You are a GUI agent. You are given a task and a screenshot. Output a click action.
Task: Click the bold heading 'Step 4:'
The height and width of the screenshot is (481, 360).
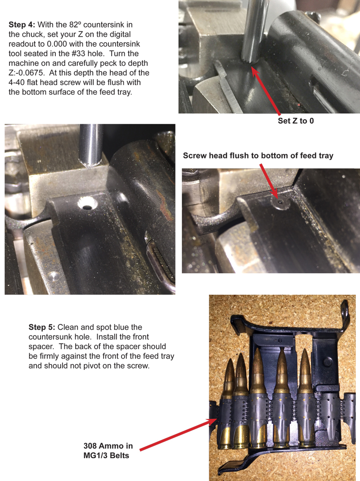tap(22, 25)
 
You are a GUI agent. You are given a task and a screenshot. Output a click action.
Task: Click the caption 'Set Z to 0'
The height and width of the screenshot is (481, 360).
tap(296, 121)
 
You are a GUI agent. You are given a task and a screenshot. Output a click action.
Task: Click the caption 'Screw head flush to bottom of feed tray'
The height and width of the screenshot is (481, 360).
tap(258, 156)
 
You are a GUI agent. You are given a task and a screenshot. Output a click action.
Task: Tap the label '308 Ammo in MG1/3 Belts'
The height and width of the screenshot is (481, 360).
tap(108, 451)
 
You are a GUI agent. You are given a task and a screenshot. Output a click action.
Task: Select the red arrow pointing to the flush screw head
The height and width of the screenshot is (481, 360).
tap(269, 181)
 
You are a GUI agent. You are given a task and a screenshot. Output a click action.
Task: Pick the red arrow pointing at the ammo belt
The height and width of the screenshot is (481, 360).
tap(178, 435)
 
